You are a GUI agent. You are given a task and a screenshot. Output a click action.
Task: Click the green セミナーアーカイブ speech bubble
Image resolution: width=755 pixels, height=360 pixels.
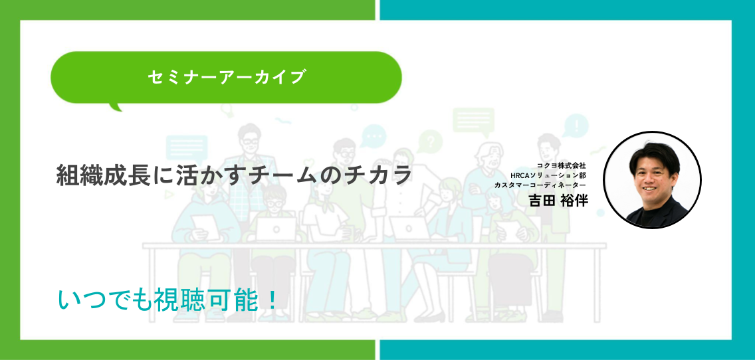[226, 78]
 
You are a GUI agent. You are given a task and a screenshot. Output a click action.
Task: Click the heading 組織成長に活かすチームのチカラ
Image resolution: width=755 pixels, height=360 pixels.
[234, 175]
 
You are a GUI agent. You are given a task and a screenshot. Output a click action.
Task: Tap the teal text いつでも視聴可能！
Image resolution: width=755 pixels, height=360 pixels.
[167, 301]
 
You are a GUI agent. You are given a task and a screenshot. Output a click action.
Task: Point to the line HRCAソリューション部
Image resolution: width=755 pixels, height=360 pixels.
[548, 175]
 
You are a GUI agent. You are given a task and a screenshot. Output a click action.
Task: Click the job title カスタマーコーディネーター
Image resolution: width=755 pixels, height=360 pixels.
[540, 185]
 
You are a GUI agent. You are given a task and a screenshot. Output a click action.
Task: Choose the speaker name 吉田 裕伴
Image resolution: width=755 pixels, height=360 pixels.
[558, 200]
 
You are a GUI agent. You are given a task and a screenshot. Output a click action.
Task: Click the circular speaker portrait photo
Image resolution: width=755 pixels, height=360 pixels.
[652, 180]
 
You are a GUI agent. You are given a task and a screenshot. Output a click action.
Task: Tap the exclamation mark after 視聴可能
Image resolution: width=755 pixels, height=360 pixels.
[272, 301]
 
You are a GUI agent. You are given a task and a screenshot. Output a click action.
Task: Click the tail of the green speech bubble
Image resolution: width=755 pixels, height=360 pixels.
[116, 106]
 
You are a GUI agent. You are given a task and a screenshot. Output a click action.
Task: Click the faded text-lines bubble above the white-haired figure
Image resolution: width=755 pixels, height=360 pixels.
[473, 120]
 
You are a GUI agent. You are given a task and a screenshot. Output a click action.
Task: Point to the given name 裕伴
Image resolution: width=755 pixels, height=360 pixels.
[574, 200]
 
